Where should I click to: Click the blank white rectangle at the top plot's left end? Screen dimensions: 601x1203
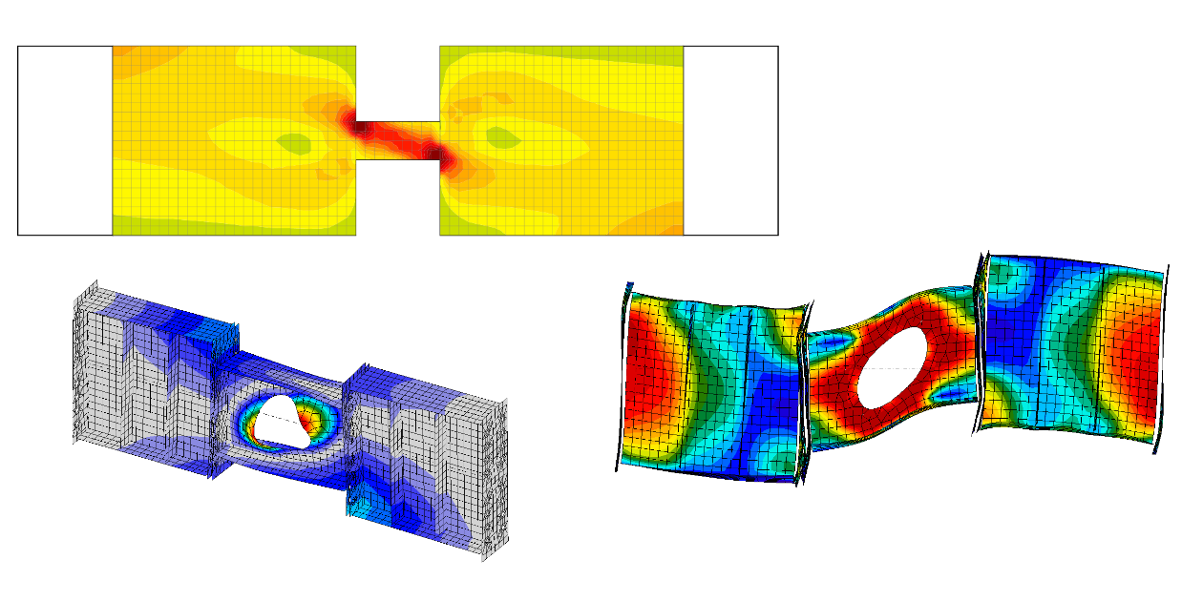click(x=65, y=140)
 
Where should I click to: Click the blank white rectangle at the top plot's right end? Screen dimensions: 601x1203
click(x=730, y=140)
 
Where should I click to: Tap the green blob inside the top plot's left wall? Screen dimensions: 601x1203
click(x=293, y=143)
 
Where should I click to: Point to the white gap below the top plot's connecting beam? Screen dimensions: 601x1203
click(x=397, y=197)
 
